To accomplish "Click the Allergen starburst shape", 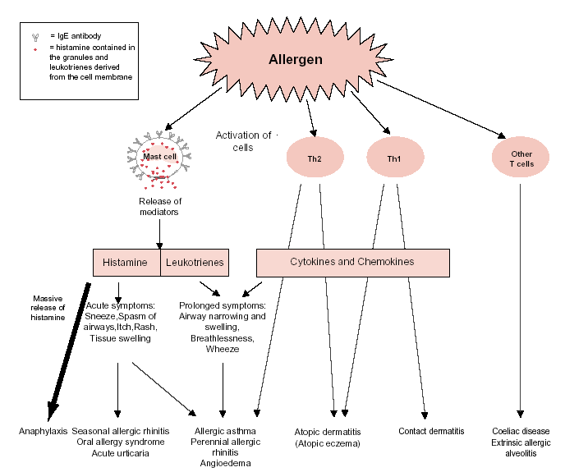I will coord(296,60).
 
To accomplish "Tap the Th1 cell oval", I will coord(394,158).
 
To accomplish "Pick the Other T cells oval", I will coord(521,158).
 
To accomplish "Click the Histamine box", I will coord(126,263).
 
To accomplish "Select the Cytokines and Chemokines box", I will coord(352,262).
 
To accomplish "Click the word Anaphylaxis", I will coord(43,431).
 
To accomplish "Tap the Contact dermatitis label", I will coord(431,431).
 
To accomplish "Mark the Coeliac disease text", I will coord(521,431).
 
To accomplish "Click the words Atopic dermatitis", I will coord(327,432).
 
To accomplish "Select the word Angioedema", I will coord(224,463).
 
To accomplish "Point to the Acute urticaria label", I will coord(120,452).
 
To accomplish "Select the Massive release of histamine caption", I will coord(48,308).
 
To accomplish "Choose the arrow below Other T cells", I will coord(521,304).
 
